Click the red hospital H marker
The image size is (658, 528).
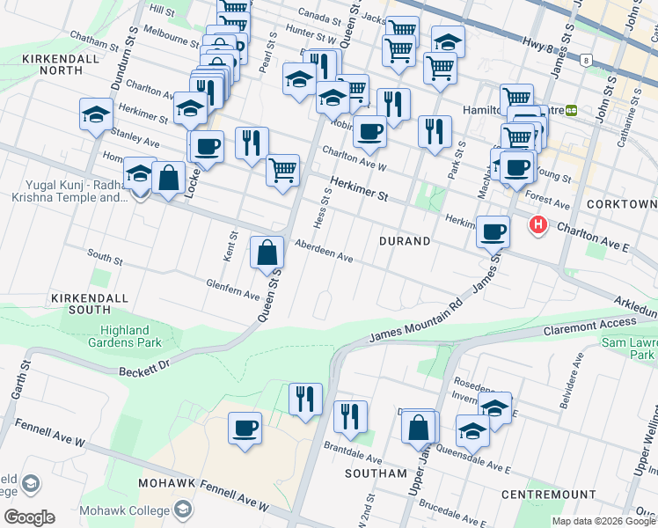tap(537, 225)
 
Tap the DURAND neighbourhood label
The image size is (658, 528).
tap(405, 240)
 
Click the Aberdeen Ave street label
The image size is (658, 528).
tap(324, 252)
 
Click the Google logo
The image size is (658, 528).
tap(30, 517)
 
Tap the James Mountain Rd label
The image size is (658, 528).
tap(415, 322)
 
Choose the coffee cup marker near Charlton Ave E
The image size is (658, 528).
tap(493, 232)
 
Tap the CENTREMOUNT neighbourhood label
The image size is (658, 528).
tap(549, 495)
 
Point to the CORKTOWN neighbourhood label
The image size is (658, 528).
tap(625, 205)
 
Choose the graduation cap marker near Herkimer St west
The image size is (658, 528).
tap(97, 114)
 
